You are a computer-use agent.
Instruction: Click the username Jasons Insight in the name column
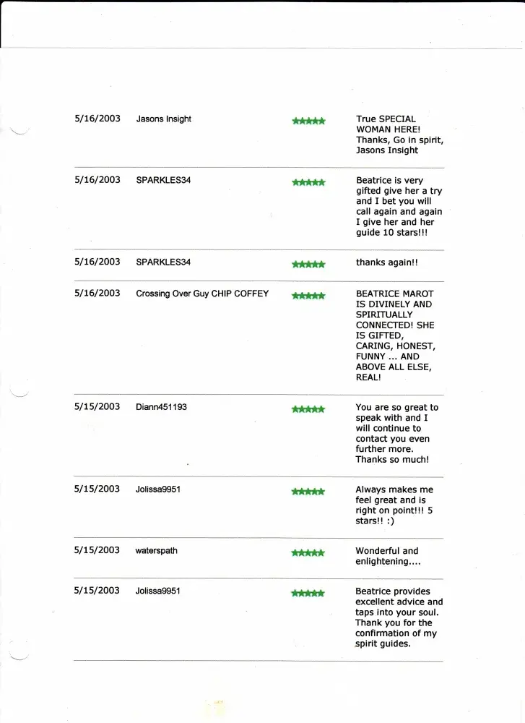click(163, 119)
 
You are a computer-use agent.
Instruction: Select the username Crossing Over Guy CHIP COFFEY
click(202, 294)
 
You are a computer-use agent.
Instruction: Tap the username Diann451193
click(161, 407)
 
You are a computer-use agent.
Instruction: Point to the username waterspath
click(156, 551)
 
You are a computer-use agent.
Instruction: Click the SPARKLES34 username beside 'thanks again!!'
click(163, 262)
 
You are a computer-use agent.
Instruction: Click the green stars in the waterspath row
click(308, 553)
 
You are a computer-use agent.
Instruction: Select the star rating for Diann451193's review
click(308, 409)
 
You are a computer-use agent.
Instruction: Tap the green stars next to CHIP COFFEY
click(308, 296)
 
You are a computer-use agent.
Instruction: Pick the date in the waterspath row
click(97, 550)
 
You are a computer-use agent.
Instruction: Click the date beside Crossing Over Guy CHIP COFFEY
click(97, 293)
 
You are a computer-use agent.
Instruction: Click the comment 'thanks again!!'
click(386, 263)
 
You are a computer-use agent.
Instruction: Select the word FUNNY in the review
click(371, 356)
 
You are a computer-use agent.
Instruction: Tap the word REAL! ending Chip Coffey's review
click(369, 377)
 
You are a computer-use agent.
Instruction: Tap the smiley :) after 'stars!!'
click(391, 521)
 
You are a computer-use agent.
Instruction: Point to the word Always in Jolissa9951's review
click(371, 489)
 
